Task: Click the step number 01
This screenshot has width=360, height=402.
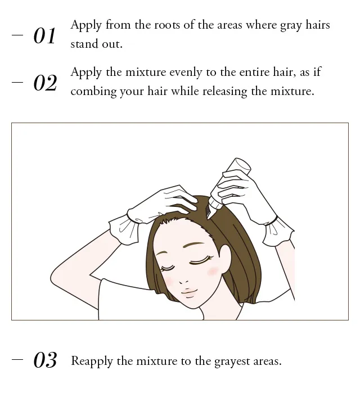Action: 44,36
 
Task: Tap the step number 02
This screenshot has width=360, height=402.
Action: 45,83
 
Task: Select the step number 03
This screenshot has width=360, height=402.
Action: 45,360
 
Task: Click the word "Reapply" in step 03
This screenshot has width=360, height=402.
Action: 92,362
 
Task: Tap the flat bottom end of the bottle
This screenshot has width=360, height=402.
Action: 242,164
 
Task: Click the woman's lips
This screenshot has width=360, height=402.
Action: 189,292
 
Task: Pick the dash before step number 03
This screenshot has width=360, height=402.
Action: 17,359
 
